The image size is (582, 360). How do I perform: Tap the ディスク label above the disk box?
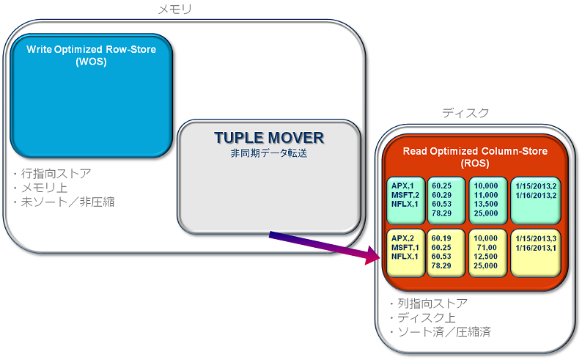[x=465, y=113]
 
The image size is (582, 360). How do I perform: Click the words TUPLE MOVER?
[x=269, y=138]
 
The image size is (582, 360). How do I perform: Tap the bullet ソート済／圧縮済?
[x=439, y=332]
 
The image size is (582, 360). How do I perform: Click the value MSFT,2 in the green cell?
[x=404, y=194]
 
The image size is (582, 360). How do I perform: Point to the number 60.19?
[x=442, y=238]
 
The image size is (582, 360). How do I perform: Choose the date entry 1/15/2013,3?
[x=537, y=238]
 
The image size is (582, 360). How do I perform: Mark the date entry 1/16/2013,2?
[x=537, y=194]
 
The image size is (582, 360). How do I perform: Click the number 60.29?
[x=442, y=194]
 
